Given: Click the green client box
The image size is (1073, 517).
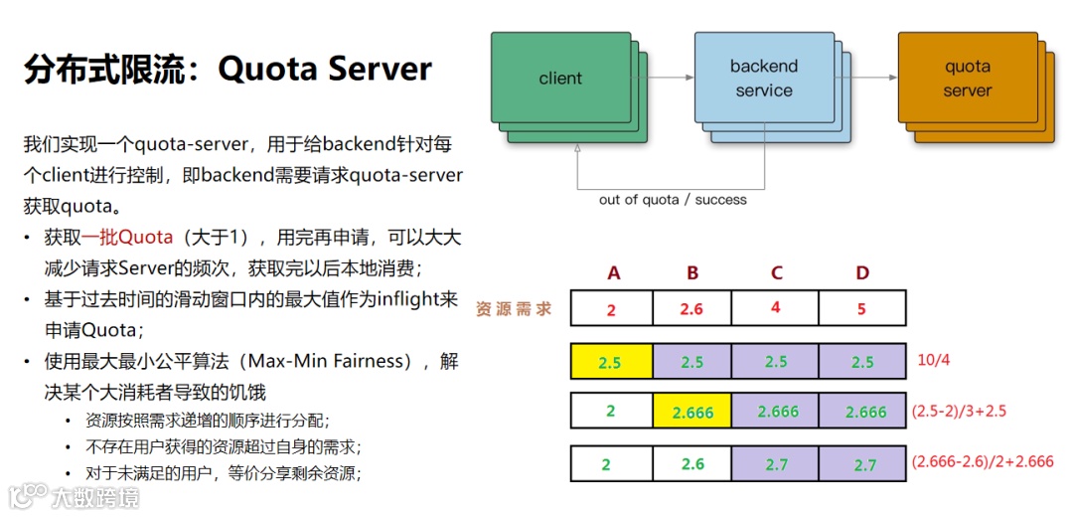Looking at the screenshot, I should [560, 79].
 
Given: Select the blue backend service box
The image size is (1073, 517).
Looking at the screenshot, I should [763, 79].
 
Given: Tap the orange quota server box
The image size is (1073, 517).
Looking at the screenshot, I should [967, 79].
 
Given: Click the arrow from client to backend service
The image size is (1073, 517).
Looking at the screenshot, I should [663, 77].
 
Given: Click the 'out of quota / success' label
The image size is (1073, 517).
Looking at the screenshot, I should [673, 200].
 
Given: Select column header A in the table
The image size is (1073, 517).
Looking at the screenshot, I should [613, 273].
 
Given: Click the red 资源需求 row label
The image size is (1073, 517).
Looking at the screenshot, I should [514, 308].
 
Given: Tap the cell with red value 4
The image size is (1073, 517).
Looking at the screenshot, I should [776, 307].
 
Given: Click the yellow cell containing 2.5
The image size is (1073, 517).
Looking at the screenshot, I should [610, 362].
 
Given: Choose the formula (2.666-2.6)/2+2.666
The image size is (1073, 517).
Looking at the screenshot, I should [983, 461].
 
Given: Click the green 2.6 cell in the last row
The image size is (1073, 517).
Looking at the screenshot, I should [692, 463].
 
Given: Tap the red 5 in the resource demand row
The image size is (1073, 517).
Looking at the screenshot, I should [861, 308].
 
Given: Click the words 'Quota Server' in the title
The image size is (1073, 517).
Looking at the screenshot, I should [325, 69].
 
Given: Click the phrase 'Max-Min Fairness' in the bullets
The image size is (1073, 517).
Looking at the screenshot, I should [337, 360].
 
